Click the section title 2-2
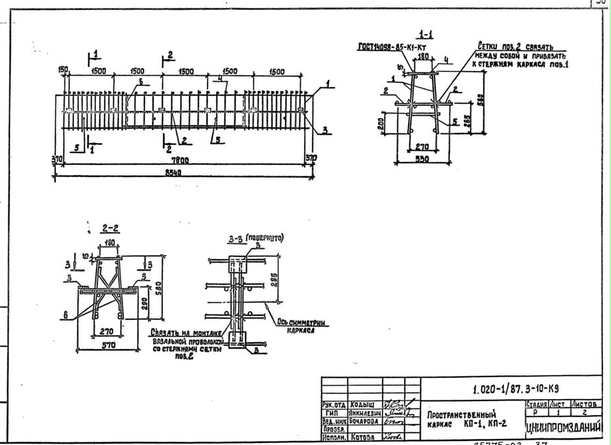click(110, 228)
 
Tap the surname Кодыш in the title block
click(361, 404)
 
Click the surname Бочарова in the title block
click(363, 421)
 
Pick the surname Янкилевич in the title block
click(363, 412)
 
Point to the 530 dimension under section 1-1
click(423, 160)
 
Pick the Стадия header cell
click(536, 404)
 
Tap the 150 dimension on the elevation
click(64, 70)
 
